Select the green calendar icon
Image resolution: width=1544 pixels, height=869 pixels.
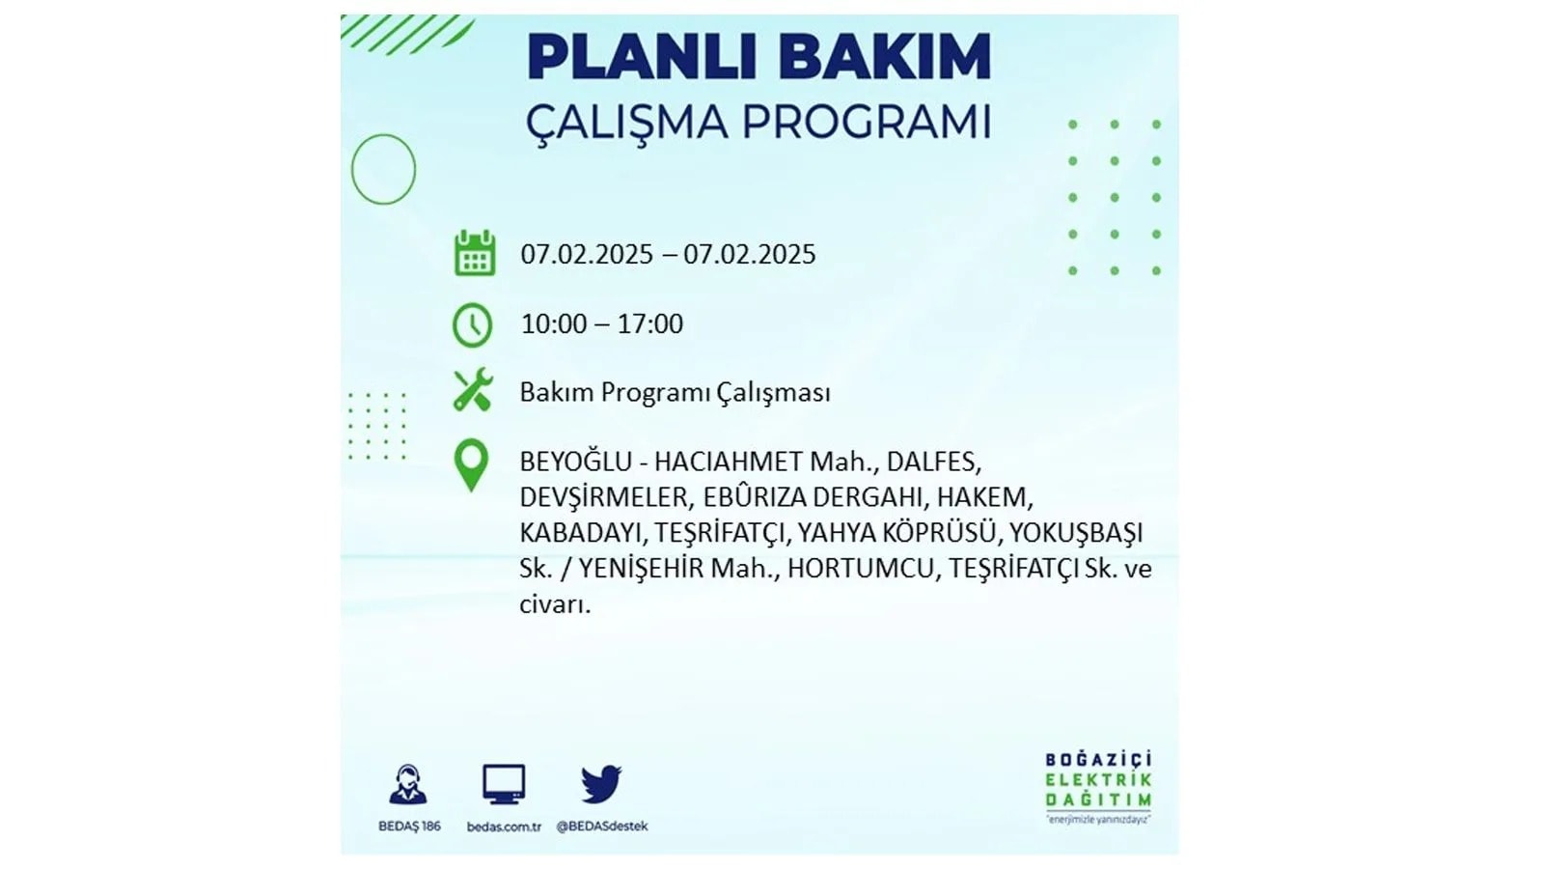click(475, 253)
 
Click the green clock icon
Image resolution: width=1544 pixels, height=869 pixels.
click(473, 324)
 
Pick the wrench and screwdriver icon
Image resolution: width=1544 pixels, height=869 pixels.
click(473, 390)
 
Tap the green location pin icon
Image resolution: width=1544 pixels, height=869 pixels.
click(472, 466)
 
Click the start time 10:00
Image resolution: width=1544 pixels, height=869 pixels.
click(554, 324)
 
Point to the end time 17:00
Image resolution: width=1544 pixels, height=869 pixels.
click(650, 324)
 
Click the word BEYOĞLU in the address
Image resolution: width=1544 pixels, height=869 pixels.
click(575, 461)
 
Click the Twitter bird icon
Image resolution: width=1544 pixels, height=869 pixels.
click(601, 783)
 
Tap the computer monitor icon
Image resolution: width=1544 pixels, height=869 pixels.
click(504, 784)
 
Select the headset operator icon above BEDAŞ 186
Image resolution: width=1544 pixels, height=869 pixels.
click(408, 784)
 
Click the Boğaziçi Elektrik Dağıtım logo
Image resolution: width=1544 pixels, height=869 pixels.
click(1098, 788)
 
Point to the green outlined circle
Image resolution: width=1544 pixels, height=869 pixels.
click(352, 169)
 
